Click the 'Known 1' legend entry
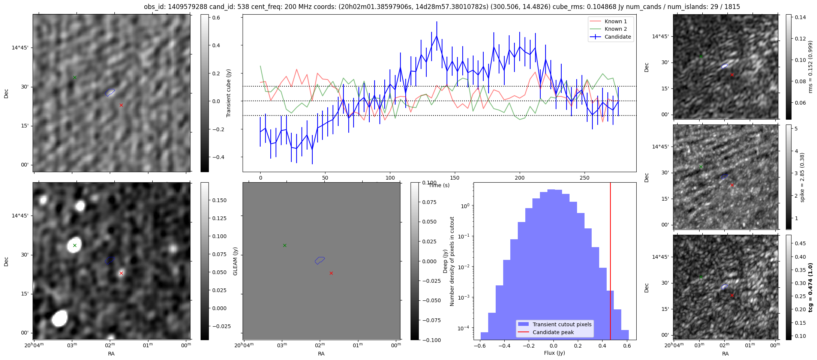click(x=615, y=21)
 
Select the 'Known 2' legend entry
click(x=615, y=29)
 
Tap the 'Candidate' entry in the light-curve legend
click(x=618, y=37)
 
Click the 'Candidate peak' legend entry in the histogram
click(x=553, y=332)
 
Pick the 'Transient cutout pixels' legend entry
click(x=562, y=324)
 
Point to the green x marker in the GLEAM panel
click(x=285, y=245)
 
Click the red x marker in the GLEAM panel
click(x=331, y=273)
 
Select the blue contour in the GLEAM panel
click(x=320, y=260)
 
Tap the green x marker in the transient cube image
click(x=75, y=77)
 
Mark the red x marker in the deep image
click(x=121, y=273)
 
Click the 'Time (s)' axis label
click(x=439, y=185)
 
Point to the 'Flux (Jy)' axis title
click(x=554, y=353)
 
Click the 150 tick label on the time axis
click(x=454, y=178)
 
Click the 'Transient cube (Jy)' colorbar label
click(x=228, y=93)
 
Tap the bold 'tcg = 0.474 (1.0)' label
click(x=810, y=288)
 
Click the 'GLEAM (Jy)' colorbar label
click(x=235, y=261)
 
